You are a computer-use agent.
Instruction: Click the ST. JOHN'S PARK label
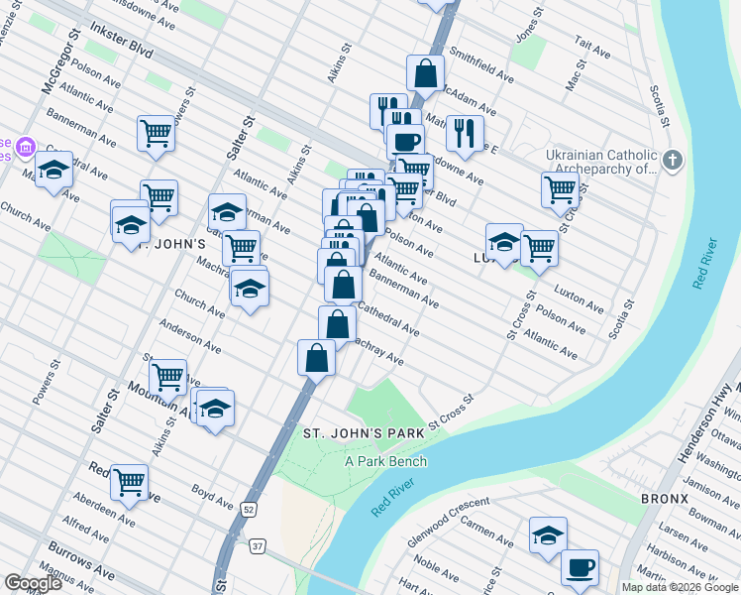[x=364, y=433]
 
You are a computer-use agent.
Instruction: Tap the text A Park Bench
[x=385, y=461]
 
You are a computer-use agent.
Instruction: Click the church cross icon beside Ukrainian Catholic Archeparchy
[x=673, y=160]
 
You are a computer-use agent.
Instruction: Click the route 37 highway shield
[x=257, y=546]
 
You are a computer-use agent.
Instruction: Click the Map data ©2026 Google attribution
[x=679, y=587]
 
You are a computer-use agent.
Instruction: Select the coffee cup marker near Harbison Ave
[x=580, y=568]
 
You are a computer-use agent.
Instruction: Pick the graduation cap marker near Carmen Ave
[x=548, y=535]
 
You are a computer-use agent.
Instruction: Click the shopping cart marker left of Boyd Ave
[x=129, y=482]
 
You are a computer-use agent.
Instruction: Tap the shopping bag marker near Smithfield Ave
[x=425, y=72]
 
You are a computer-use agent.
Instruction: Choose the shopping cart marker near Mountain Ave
[x=167, y=377]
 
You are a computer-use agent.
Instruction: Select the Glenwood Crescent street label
[x=450, y=527]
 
